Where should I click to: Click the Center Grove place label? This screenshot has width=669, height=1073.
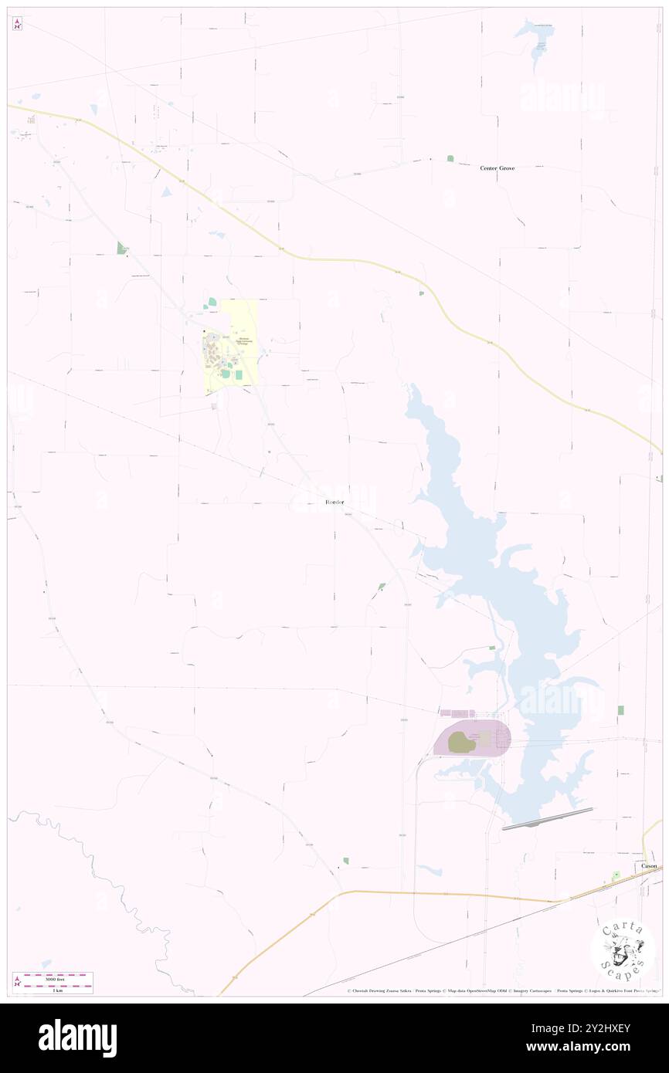pyautogui.click(x=497, y=168)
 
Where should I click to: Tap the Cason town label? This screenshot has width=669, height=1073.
pyautogui.click(x=649, y=866)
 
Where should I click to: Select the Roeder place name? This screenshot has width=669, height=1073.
pyautogui.click(x=334, y=503)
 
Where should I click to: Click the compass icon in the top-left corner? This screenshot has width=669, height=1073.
pyautogui.click(x=17, y=25)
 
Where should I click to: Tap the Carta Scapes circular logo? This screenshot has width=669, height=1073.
pyautogui.click(x=623, y=950)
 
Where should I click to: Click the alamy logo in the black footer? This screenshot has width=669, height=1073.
pyautogui.click(x=77, y=1037)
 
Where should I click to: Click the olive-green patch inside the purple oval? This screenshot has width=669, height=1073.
pyautogui.click(x=461, y=743)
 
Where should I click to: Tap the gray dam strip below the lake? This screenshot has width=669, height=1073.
pyautogui.click(x=547, y=819)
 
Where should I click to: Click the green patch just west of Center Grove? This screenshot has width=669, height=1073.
pyautogui.click(x=450, y=158)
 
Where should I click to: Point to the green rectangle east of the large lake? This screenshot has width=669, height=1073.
pyautogui.click(x=620, y=710)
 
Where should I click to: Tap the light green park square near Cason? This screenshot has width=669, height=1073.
pyautogui.click(x=616, y=875)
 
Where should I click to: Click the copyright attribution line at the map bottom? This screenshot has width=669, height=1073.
pyautogui.click(x=502, y=990)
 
